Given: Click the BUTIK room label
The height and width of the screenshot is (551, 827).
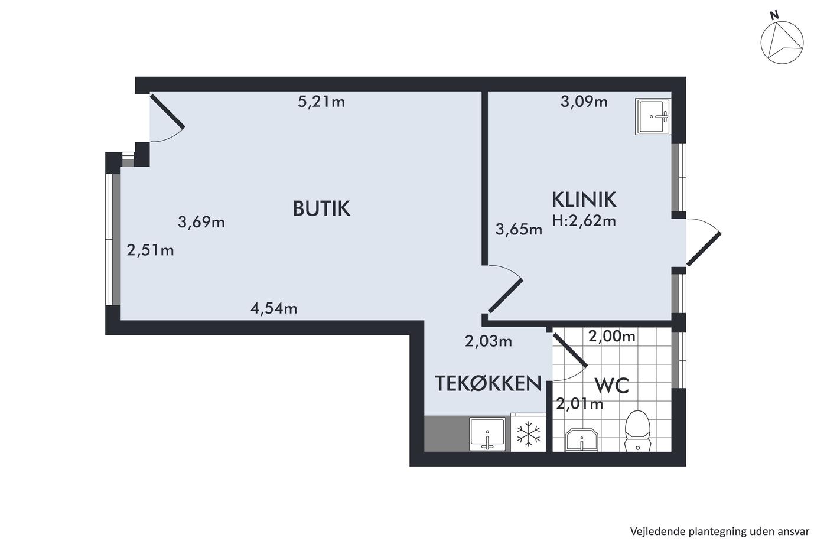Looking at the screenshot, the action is (321, 208).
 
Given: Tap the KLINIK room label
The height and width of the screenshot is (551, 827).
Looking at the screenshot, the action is (584, 200).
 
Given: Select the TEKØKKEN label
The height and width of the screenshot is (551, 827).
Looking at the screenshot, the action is (488, 383).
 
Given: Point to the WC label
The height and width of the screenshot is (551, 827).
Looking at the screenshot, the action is (612, 386).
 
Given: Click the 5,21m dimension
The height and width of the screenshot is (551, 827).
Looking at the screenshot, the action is (321, 102).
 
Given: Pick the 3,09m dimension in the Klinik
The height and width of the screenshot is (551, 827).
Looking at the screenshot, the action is (584, 102).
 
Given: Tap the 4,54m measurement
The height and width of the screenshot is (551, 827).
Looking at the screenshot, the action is (274, 308).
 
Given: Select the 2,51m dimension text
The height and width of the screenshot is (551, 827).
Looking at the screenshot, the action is (150, 250).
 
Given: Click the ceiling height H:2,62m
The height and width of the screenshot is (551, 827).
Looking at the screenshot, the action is (584, 221).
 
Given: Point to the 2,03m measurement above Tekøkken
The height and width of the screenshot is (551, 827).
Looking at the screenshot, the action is (488, 341).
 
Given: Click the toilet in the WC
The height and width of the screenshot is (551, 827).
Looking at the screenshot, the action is (637, 431).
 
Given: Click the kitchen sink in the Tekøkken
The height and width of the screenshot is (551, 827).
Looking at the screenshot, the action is (487, 434).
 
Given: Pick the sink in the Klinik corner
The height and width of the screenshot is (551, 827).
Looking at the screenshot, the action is (653, 116).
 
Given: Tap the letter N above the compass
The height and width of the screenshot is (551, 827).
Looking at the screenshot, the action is (774, 15).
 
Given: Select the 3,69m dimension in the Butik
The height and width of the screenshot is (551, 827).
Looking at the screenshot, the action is (201, 222).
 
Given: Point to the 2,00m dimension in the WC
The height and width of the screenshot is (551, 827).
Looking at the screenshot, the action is (611, 336).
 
